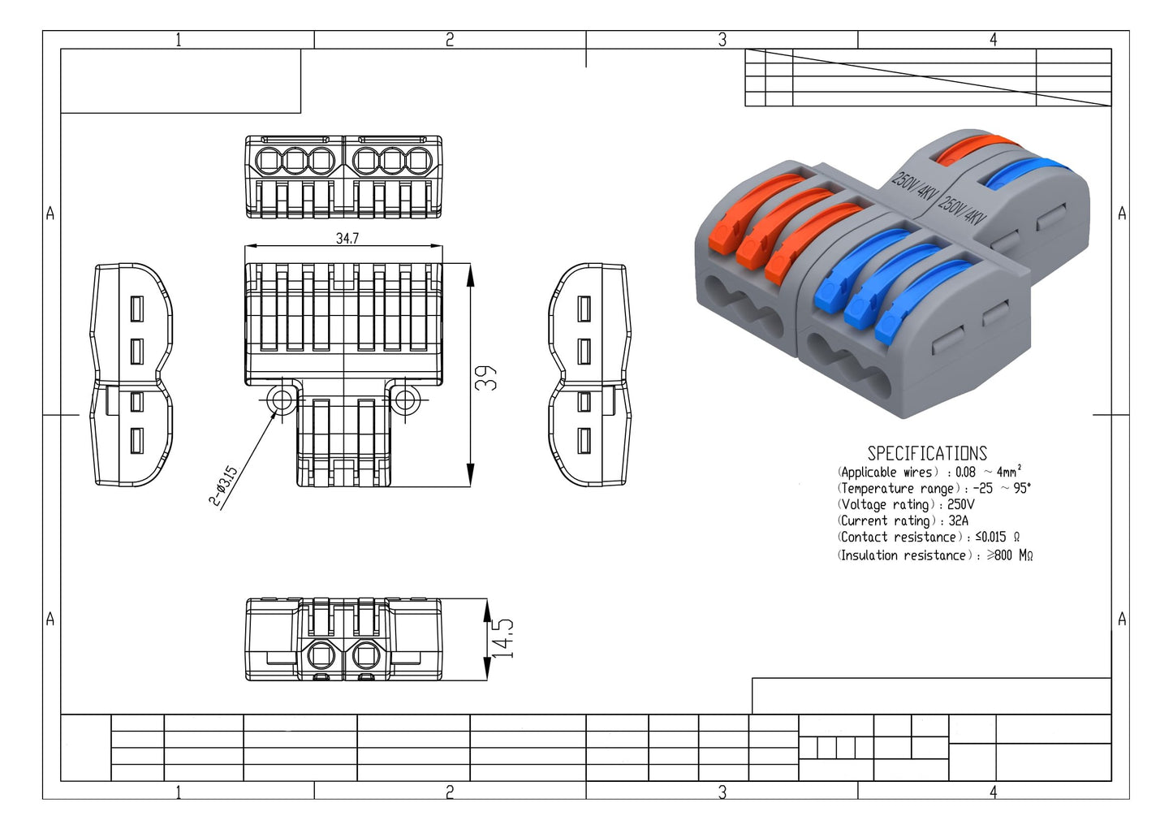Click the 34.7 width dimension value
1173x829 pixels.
coord(347,238)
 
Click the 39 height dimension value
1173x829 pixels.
coord(485,378)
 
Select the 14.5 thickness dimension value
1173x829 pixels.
coord(502,638)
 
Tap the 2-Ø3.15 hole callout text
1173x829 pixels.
coord(223,486)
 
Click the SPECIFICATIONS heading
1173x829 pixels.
coord(927,453)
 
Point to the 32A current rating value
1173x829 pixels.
coord(959,520)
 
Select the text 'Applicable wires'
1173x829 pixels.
coord(886,473)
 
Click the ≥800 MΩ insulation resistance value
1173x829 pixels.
coord(1010,555)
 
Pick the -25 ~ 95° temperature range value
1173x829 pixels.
coord(1002,488)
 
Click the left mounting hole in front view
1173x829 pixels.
coord(281,400)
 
